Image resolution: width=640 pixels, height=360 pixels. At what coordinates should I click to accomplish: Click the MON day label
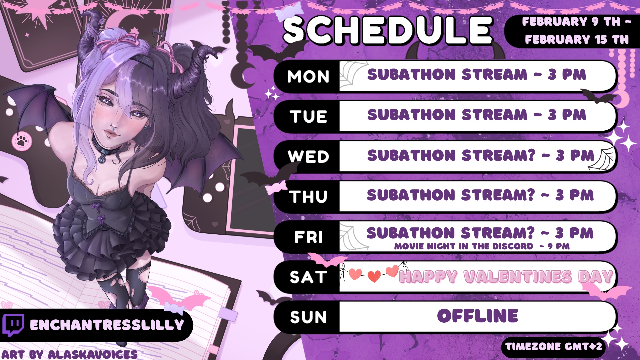pyautogui.click(x=308, y=76)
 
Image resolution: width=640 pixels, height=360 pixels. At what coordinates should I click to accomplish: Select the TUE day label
pyautogui.click(x=308, y=116)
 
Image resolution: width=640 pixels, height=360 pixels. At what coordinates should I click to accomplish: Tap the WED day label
pyautogui.click(x=308, y=156)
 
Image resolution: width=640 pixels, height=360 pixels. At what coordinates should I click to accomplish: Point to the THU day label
pyautogui.click(x=308, y=196)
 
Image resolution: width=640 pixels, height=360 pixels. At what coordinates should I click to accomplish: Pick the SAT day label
pyautogui.click(x=308, y=277)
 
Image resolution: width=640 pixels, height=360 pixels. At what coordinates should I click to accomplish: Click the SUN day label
pyautogui.click(x=308, y=317)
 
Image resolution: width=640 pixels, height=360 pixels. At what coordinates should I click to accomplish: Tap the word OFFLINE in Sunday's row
pyautogui.click(x=478, y=316)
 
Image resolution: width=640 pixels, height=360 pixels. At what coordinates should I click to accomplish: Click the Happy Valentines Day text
pyautogui.click(x=506, y=277)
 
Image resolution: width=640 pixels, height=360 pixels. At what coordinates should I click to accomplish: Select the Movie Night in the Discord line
pyautogui.click(x=482, y=246)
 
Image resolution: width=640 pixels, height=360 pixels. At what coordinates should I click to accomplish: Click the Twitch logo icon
pyautogui.click(x=13, y=325)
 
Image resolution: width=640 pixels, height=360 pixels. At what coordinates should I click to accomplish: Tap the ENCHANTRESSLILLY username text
pyautogui.click(x=107, y=325)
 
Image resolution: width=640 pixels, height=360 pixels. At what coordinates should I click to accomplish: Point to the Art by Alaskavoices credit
pyautogui.click(x=69, y=354)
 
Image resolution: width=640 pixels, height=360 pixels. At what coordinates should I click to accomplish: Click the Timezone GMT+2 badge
pyautogui.click(x=553, y=347)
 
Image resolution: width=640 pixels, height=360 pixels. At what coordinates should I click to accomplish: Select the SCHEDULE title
pyautogui.click(x=387, y=30)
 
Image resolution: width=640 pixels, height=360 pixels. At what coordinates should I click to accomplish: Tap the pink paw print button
pyautogui.click(x=22, y=141)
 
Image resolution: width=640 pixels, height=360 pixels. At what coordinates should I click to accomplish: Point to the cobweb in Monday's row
pyautogui.click(x=352, y=76)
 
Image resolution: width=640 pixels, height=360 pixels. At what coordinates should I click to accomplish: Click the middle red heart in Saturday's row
pyautogui.click(x=374, y=276)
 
